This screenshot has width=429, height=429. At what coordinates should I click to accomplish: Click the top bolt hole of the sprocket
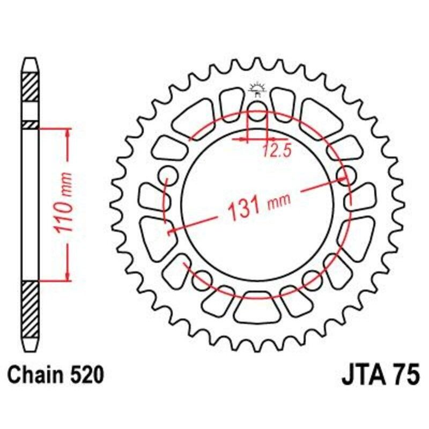(258, 114)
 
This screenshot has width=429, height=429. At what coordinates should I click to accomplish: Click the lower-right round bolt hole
(313, 277)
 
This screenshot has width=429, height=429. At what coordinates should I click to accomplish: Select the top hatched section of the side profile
(30, 85)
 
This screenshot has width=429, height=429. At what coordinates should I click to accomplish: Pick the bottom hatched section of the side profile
(30, 308)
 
